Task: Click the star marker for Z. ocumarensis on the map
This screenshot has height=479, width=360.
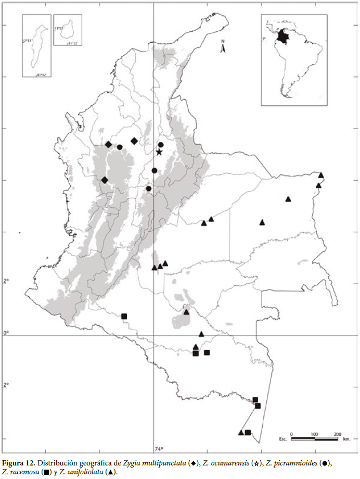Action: click(159, 152)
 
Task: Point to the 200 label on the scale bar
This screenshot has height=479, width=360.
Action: click(337, 434)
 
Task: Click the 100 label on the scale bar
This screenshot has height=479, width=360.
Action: click(314, 434)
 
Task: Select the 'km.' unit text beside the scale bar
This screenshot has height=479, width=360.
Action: click(347, 439)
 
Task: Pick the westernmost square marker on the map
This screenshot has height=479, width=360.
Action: click(124, 316)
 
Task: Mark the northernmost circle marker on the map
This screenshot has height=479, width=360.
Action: click(161, 144)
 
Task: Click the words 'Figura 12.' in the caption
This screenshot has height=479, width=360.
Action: click(19, 463)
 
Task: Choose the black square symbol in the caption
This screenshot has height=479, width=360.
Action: click(43, 472)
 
